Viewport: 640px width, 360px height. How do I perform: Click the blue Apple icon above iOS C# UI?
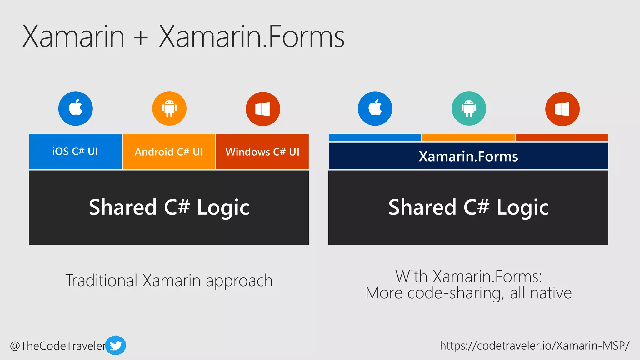75,108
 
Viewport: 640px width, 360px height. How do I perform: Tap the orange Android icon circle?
169,108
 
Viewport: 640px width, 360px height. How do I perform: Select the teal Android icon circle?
469,108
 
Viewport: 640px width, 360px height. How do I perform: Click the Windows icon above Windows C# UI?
263,109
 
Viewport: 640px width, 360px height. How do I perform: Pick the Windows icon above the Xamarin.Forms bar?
562,109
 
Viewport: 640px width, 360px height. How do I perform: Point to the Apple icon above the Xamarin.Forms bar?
375,108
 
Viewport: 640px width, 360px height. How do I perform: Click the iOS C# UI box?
75,152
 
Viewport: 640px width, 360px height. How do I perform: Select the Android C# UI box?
169,152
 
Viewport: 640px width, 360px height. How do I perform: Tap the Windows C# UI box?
262,152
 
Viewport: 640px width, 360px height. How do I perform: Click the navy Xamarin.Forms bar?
468,156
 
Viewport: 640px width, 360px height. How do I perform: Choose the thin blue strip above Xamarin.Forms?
375,137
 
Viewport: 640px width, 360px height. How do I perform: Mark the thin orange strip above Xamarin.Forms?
468,137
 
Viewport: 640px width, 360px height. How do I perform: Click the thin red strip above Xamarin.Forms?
562,137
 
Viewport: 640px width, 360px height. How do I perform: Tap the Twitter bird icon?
116,345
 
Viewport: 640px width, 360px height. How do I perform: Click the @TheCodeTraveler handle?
58,346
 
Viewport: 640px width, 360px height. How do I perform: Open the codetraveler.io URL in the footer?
534,345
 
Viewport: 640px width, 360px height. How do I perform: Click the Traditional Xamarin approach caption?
169,280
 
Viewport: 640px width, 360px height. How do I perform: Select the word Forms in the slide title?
306,37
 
